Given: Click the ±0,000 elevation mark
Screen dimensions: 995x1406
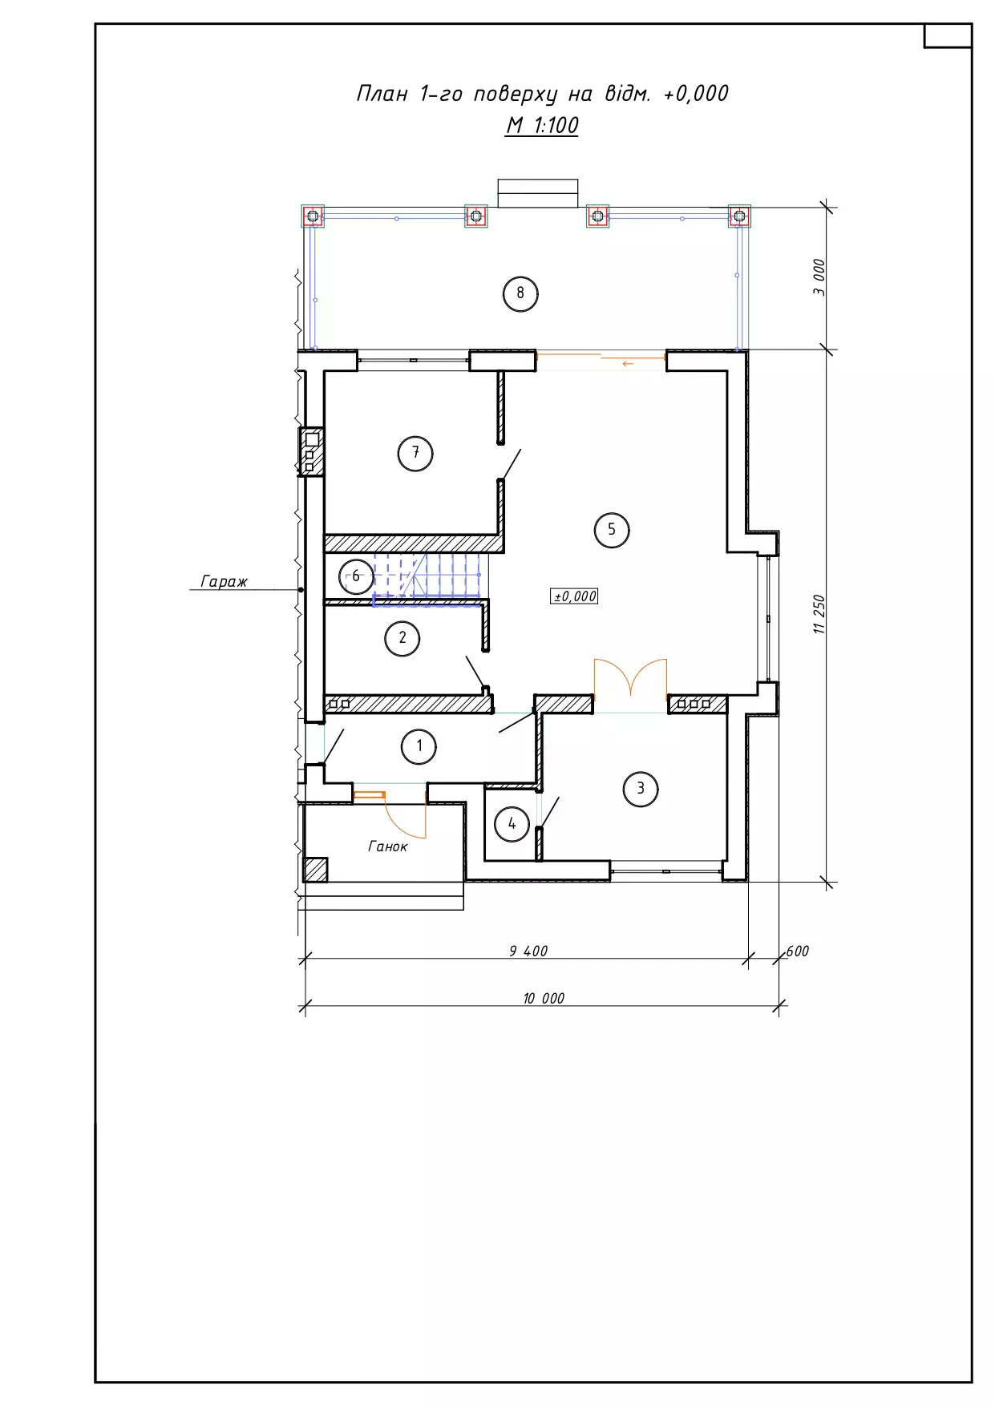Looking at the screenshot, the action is point(575,596).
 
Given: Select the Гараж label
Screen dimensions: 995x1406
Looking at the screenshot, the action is point(224,581).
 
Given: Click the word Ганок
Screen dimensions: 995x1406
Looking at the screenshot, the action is point(388,846).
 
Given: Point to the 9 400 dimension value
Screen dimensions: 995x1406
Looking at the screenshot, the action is point(528,951).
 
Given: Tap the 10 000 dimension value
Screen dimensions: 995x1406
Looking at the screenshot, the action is point(544,998).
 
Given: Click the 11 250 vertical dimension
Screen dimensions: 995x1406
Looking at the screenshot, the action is point(819,615).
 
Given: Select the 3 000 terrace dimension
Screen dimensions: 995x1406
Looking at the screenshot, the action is point(819,277).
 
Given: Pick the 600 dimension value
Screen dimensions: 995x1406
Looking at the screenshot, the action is point(798,951).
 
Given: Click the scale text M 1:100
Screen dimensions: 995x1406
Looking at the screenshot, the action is point(542,126).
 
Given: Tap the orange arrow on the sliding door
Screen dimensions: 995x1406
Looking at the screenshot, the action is point(628,364).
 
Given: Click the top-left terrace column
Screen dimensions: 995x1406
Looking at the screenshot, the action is point(313,216).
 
